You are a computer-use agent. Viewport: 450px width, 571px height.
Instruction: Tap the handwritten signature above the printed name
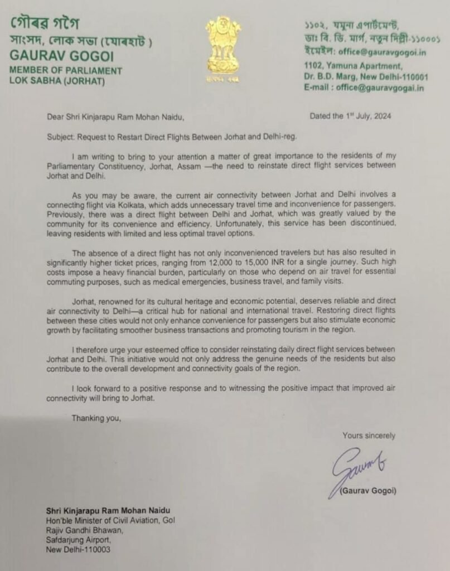[x=359, y=467]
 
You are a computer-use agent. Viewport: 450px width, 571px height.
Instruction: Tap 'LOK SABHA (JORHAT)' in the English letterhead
[x=56, y=81]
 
